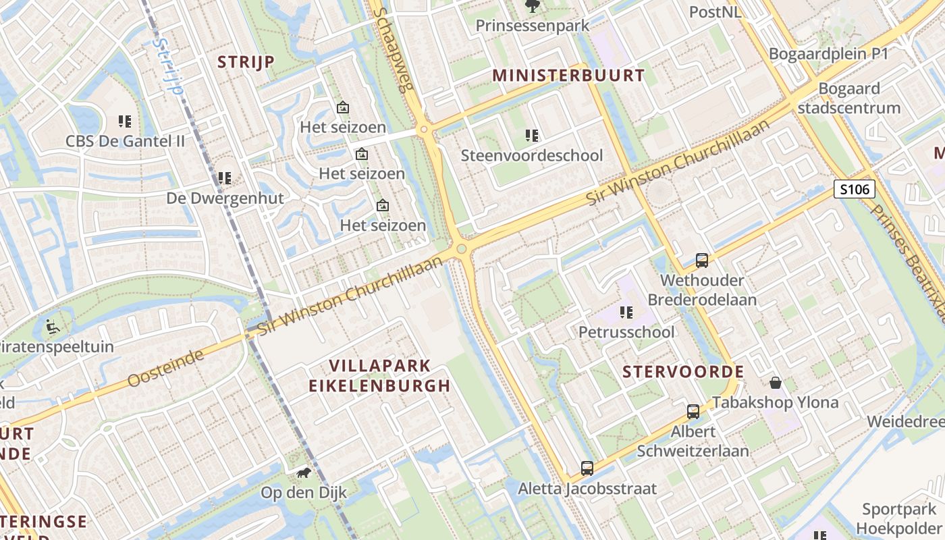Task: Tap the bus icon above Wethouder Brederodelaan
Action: tap(702, 261)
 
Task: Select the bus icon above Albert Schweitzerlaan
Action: tap(693, 411)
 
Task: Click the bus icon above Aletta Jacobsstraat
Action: tap(587, 468)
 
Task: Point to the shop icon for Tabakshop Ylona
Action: tap(776, 383)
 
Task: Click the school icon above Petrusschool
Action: tap(626, 312)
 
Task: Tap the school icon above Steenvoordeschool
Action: tap(532, 136)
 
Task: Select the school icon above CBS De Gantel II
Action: tap(125, 122)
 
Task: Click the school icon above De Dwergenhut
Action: tap(225, 178)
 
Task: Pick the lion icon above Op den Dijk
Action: tap(304, 473)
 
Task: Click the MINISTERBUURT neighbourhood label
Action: tap(568, 75)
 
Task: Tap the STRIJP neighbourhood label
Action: tap(246, 62)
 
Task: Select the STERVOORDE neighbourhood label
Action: tap(683, 372)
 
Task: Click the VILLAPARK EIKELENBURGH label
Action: tap(379, 376)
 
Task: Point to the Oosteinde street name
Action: tap(166, 369)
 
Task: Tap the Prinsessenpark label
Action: tap(533, 26)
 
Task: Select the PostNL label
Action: tap(715, 12)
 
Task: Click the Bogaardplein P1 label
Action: tap(828, 54)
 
